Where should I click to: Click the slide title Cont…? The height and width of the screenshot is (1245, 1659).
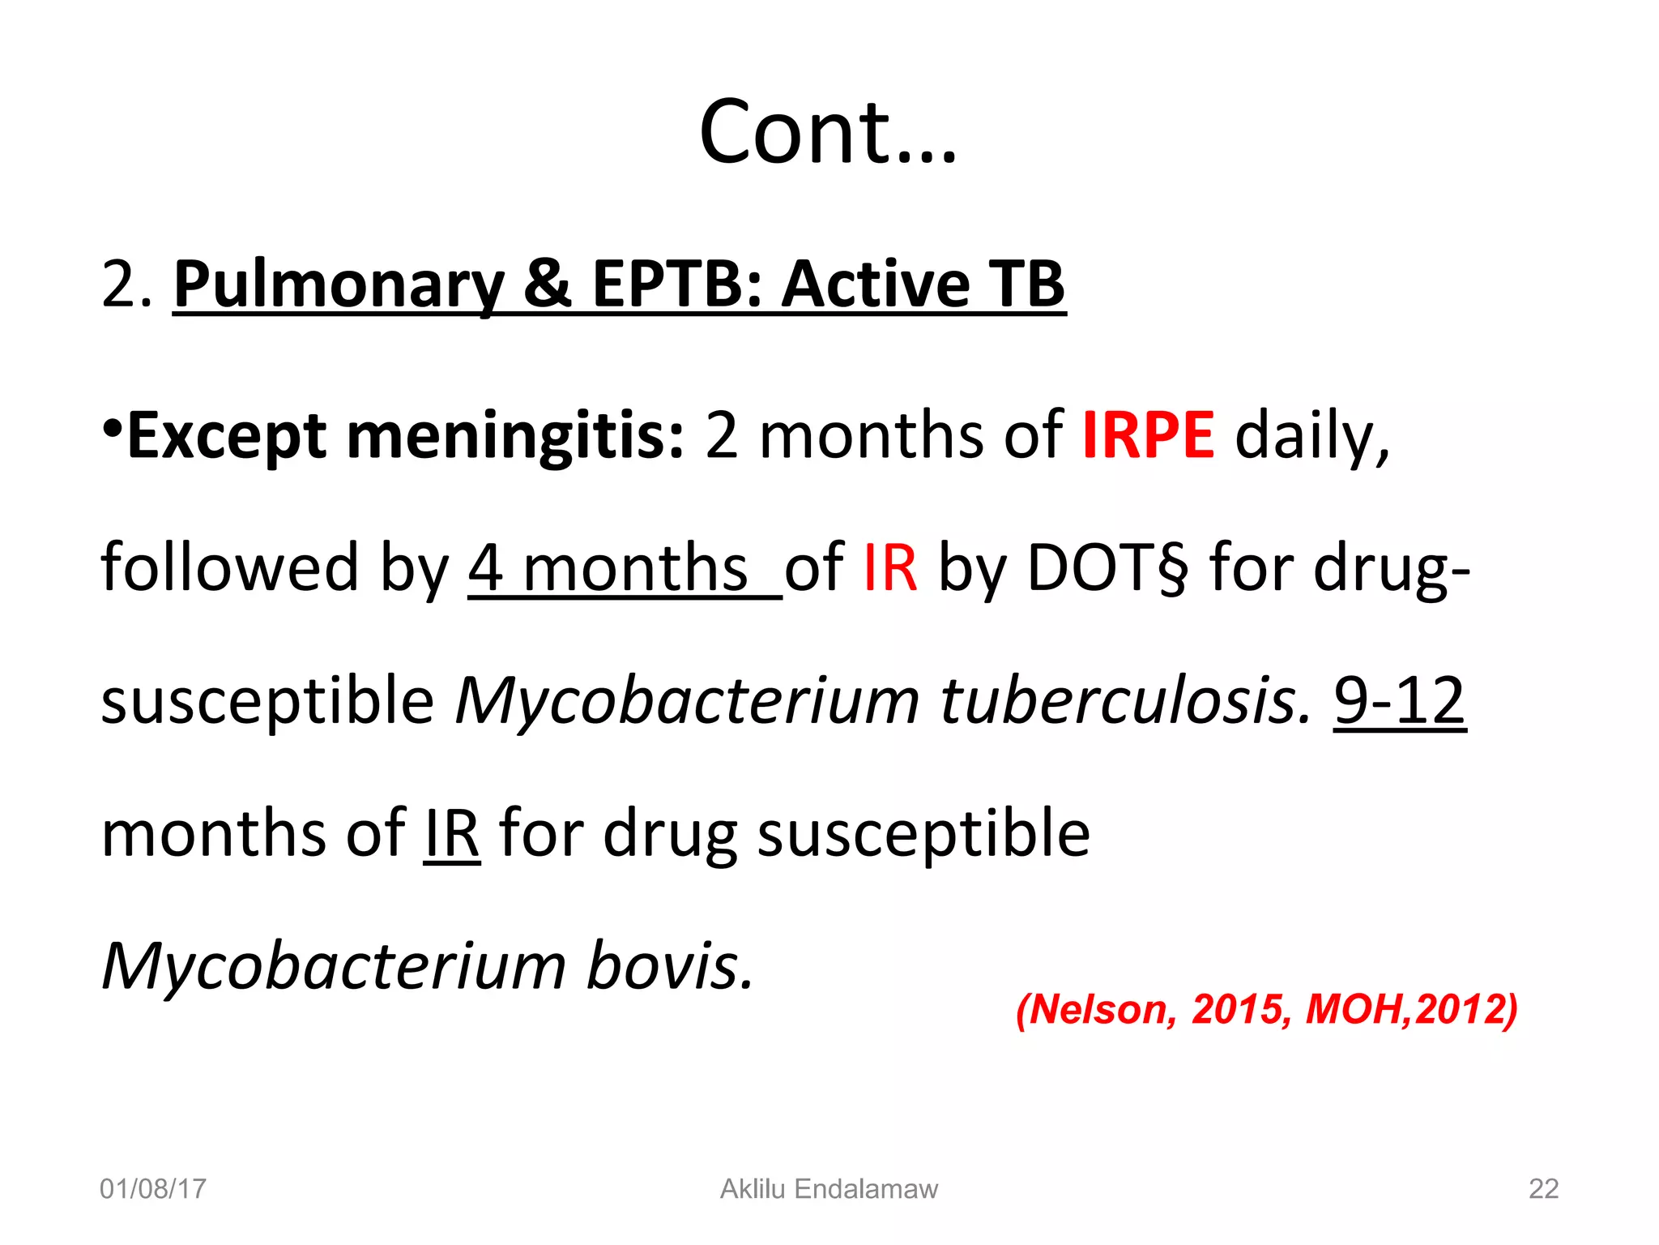pos(828,132)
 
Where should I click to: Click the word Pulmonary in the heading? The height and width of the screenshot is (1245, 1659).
pos(339,285)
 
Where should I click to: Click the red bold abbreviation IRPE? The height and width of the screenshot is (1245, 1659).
pos(1148,436)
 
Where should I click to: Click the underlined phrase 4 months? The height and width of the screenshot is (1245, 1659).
pos(609,568)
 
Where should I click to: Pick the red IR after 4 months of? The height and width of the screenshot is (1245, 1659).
pos(890,568)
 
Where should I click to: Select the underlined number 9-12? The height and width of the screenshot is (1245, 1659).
pos(1399,700)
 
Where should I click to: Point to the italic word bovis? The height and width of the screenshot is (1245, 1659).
pos(669,966)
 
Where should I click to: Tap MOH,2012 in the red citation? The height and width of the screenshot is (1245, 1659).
pos(1410,1009)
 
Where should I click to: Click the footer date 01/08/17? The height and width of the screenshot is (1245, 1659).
pos(153,1189)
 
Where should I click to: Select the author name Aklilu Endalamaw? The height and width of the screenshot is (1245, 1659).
pos(829,1189)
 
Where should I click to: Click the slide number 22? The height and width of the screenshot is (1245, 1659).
pos(1543,1189)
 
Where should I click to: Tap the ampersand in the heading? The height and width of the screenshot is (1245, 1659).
pos(548,285)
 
